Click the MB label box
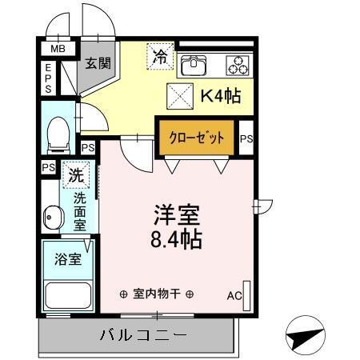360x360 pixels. [x=58, y=50]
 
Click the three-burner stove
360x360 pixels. [x=238, y=64]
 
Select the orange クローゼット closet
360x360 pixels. [x=197, y=136]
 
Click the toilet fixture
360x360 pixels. [x=58, y=134]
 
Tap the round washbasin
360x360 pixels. [x=53, y=217]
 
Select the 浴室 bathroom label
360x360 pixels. [x=67, y=259]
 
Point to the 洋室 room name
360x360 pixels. [x=176, y=214]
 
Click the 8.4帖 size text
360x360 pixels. [x=177, y=238]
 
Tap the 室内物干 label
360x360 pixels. [x=156, y=294]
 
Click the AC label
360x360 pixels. [x=234, y=297]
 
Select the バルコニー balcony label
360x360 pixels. [x=143, y=334]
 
